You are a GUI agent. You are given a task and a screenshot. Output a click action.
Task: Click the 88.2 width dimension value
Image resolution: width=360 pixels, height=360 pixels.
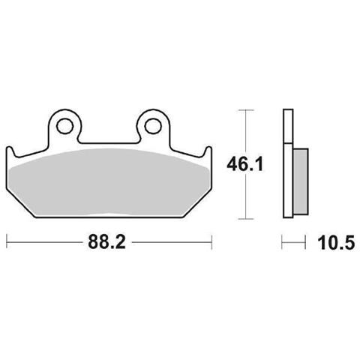[x=106, y=242]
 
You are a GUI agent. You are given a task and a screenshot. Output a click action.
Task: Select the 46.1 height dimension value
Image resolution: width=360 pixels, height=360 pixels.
[x=245, y=165]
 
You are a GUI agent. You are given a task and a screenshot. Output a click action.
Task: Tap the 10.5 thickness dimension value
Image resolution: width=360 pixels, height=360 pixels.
[x=336, y=243]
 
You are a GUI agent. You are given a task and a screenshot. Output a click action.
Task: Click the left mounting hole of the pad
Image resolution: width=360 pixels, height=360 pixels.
[x=64, y=126]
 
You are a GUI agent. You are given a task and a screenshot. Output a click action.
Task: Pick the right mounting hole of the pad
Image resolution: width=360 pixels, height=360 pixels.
[x=153, y=126]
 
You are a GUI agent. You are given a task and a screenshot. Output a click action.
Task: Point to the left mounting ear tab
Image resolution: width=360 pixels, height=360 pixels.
[x=65, y=126]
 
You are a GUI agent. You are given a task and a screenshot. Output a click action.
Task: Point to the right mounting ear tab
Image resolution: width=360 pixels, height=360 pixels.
[x=153, y=126]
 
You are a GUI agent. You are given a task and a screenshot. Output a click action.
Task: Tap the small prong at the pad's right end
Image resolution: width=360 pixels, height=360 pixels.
[x=208, y=152]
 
